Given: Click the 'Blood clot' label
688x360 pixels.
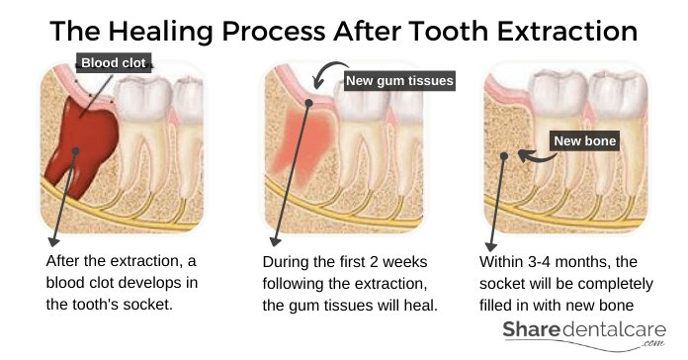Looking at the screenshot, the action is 114,62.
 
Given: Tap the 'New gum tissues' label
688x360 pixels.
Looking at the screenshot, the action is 399,81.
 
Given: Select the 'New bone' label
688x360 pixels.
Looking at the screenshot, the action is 584,140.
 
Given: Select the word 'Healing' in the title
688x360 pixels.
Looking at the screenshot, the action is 160,32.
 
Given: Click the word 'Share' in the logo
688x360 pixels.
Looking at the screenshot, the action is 531,329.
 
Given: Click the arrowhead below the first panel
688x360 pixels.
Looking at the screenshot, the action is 53,241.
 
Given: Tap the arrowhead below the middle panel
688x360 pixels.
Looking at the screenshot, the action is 275,241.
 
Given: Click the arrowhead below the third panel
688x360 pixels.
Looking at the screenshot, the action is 491,246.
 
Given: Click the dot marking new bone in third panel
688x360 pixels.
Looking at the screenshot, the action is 504,156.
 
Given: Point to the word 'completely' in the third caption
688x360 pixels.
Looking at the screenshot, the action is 617,285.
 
